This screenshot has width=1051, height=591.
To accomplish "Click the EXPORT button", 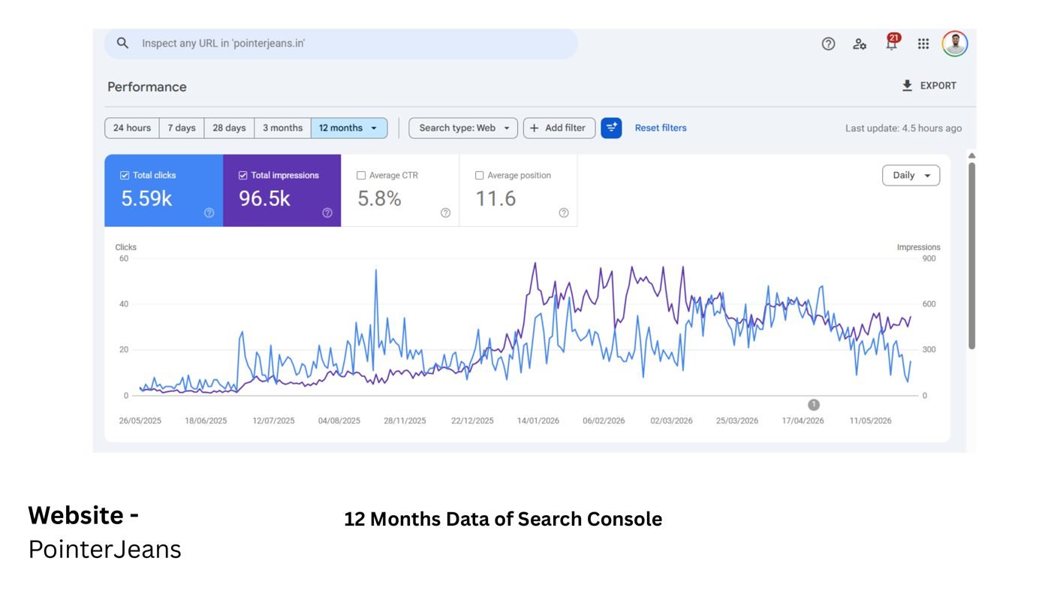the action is coord(929,86).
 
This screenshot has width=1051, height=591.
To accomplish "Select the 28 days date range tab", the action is coord(229,128).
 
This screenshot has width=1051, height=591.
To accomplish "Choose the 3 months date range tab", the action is coord(282,128).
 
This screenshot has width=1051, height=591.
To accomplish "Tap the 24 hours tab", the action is coord(132,128).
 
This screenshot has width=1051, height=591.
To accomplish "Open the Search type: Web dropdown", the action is coord(463,128).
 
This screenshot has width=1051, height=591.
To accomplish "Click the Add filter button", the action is coord(559,128).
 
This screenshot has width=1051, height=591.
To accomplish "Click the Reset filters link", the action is coord(660,128).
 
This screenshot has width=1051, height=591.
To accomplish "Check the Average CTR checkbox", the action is coord(361,176).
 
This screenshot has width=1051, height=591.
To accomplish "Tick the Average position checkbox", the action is coord(479,176).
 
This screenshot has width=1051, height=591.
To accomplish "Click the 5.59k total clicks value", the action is coord(146,198).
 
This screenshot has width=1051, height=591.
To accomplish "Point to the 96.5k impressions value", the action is coord(264,198).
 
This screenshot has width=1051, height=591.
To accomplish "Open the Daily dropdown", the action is coord(911,176).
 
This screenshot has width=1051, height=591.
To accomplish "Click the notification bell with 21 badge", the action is coord(892,43).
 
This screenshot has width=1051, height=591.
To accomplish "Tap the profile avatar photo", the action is coord(954,44).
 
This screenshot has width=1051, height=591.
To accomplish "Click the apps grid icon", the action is coord(923,44).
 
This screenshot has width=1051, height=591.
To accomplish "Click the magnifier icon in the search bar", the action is coord(122,44).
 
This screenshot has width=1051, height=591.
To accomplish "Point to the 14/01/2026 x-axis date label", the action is coord(538,421).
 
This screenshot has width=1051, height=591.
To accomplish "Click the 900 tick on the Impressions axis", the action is coord(929,258).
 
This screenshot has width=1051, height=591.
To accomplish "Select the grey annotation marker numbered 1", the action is coord(814,405).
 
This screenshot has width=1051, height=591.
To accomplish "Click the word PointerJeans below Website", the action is coord(104,549).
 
